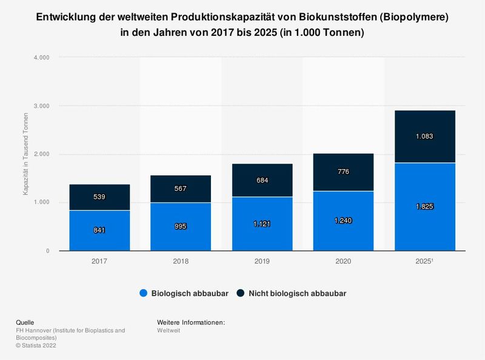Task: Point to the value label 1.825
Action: [425, 207]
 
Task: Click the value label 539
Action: [99, 198]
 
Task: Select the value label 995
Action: [181, 227]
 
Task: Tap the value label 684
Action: [263, 181]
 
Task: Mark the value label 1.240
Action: [344, 221]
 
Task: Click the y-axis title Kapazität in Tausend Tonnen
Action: [26, 154]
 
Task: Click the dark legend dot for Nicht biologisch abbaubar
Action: [241, 293]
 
